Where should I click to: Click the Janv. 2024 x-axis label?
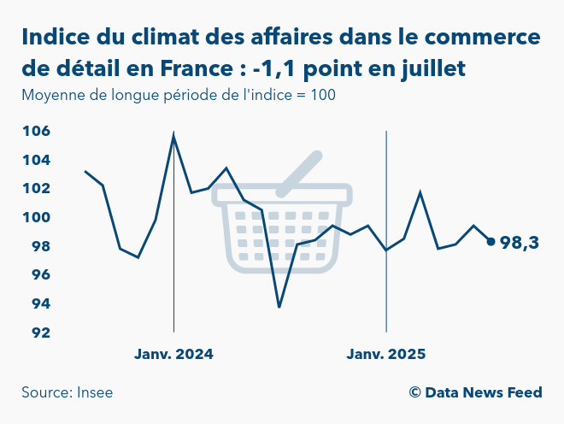173,354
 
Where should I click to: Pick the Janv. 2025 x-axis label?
386,354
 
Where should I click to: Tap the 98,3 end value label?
519,243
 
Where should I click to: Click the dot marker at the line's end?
491,241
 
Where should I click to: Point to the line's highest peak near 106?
173,135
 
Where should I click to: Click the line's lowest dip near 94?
279,307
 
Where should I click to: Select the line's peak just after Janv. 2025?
420,192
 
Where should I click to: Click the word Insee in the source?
94,392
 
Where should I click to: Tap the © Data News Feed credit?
475,392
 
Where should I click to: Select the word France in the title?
196,68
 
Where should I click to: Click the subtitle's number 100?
323,95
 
